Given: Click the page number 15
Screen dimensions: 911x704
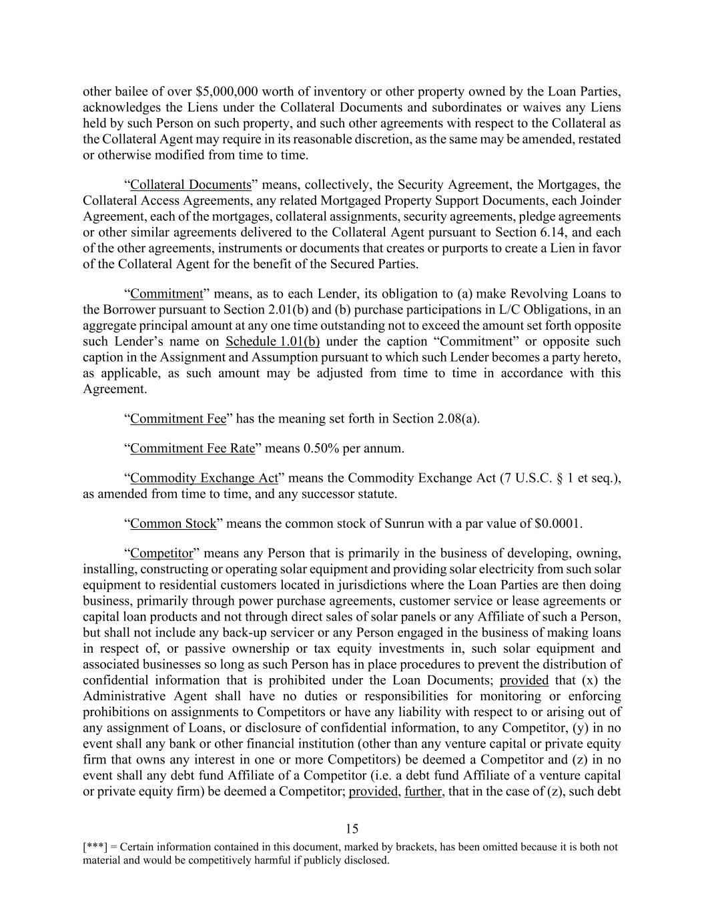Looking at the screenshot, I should click(352, 829).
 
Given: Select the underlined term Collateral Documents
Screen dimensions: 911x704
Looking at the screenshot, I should click(191, 185).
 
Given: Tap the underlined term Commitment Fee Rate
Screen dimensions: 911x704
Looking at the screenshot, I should click(192, 448).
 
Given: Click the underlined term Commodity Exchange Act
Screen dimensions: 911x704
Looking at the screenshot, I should click(204, 478).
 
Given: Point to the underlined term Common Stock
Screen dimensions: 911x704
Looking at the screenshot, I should click(173, 523).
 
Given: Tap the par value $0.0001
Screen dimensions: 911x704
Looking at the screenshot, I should click(559, 523).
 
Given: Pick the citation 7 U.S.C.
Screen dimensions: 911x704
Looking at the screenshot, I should click(531, 478).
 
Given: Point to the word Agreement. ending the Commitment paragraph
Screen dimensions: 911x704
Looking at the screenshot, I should click(115, 388).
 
